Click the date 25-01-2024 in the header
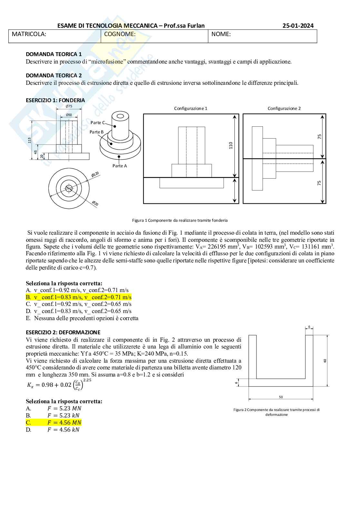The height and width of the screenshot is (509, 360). point(298,26)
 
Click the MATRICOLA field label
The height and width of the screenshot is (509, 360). point(29,34)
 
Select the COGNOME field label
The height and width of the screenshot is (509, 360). point(120,34)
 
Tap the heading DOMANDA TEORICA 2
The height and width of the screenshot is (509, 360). point(54,75)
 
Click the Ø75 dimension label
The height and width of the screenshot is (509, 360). point(69,106)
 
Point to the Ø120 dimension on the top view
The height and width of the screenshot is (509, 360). point(95,175)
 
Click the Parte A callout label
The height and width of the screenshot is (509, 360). point(120,166)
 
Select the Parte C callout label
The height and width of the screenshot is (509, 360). point(97,122)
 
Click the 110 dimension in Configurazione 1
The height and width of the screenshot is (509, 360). point(231,145)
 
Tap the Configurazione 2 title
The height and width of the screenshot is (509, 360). point(284,108)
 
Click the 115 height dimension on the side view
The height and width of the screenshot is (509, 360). point(29,140)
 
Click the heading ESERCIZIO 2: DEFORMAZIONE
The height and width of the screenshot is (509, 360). point(63,332)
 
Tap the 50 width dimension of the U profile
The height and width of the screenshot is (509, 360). point(281,397)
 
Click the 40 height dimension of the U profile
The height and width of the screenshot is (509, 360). point(325,361)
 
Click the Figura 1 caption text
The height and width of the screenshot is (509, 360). point(180,220)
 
